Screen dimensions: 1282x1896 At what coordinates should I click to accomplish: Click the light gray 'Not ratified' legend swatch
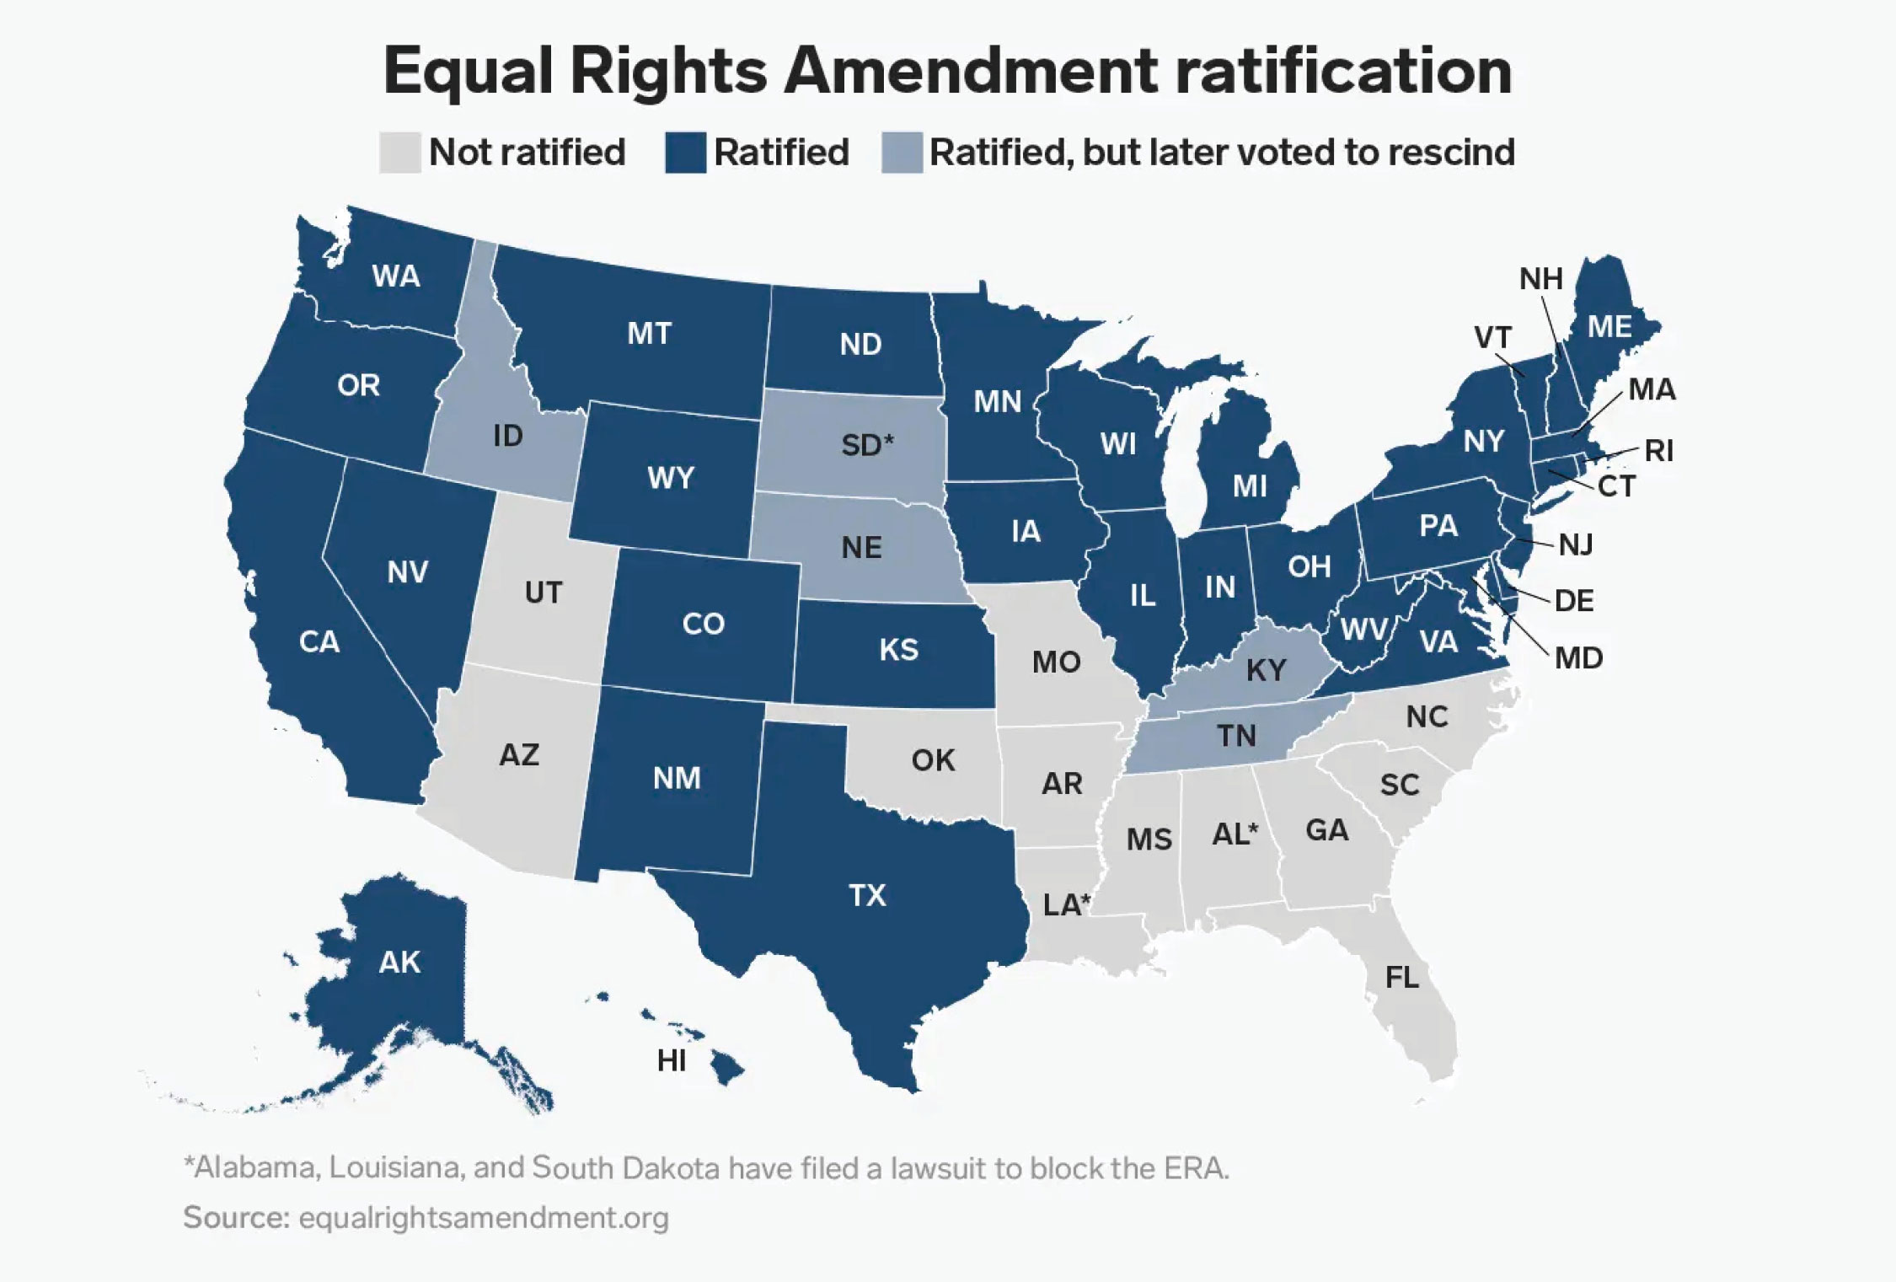pyautogui.click(x=399, y=153)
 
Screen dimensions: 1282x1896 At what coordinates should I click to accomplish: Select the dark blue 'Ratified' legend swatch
pyautogui.click(x=684, y=153)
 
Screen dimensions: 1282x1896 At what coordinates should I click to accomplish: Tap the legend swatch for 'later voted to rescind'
pyautogui.click(x=901, y=153)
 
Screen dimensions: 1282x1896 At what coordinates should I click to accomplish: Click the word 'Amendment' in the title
pyautogui.click(x=969, y=71)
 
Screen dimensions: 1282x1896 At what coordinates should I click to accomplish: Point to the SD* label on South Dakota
pyautogui.click(x=866, y=444)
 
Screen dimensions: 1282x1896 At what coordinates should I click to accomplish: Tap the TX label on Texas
pyautogui.click(x=867, y=894)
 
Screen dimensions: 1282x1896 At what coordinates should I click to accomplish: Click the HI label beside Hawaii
pyautogui.click(x=671, y=1060)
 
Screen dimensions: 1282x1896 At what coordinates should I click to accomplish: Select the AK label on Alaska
pyautogui.click(x=399, y=962)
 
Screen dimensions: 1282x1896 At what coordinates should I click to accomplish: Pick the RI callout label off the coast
pyautogui.click(x=1658, y=451)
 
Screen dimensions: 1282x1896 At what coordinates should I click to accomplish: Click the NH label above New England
pyautogui.click(x=1540, y=278)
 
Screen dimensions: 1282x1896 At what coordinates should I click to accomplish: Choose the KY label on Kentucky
pyautogui.click(x=1266, y=670)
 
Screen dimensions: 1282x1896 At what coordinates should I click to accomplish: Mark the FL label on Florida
pyautogui.click(x=1401, y=977)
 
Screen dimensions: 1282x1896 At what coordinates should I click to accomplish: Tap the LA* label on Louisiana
pyautogui.click(x=1066, y=904)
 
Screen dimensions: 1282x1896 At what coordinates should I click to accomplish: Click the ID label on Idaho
pyautogui.click(x=507, y=436)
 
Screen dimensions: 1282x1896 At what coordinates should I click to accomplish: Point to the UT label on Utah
pyautogui.click(x=543, y=593)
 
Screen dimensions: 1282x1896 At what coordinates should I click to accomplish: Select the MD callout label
pyautogui.click(x=1578, y=657)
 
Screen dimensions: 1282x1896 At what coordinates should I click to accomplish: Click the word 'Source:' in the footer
pyautogui.click(x=235, y=1217)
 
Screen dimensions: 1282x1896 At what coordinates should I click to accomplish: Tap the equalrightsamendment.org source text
pyautogui.click(x=484, y=1217)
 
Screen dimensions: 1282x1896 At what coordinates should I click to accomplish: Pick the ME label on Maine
pyautogui.click(x=1609, y=326)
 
